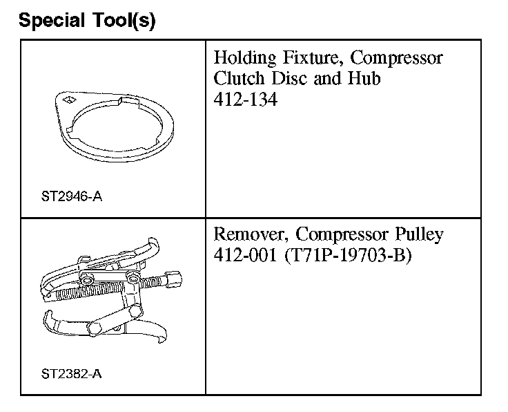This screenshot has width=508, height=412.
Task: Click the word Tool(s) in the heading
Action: coord(124,21)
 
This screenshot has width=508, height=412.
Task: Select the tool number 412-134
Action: coord(246,99)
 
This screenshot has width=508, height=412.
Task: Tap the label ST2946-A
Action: coord(72,196)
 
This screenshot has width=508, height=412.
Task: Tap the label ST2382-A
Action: coord(71,374)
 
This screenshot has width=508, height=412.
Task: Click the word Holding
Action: coord(245,59)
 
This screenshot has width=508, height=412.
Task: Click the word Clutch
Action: coord(239,78)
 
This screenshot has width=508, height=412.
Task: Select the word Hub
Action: coord(364,78)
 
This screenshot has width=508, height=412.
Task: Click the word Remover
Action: coord(251,234)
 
